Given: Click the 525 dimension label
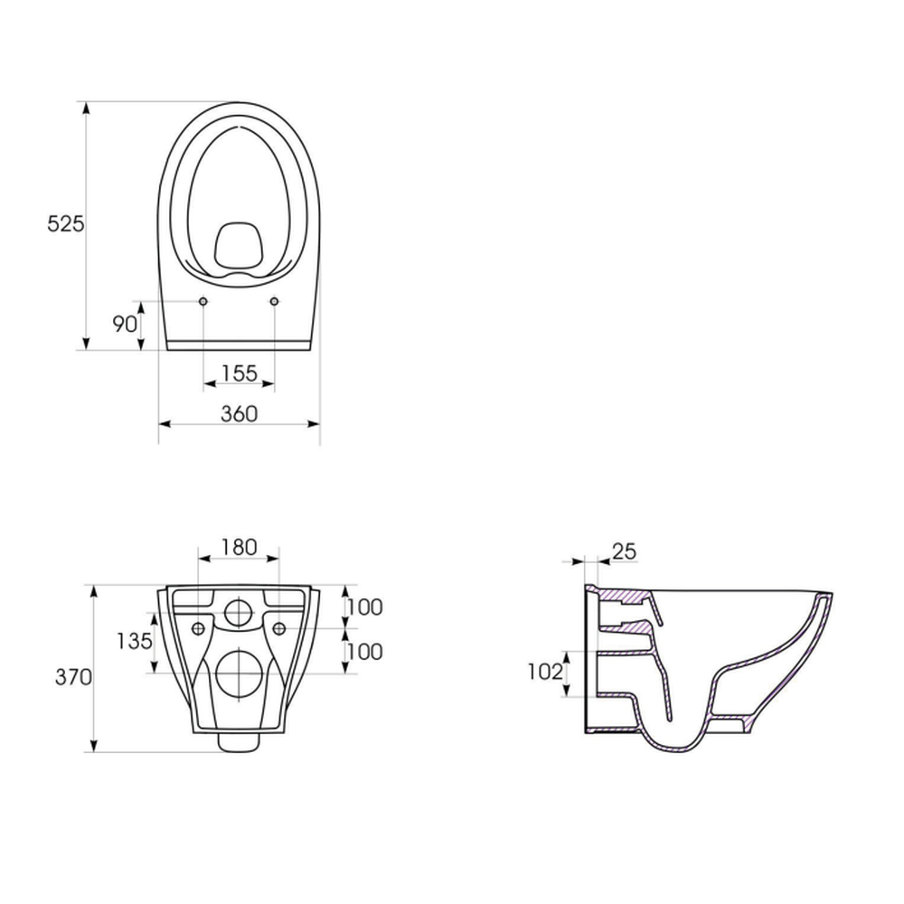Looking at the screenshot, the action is coord(66,223).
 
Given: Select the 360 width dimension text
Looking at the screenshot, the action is coord(240,414).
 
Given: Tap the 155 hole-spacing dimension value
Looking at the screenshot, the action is coord(240,373).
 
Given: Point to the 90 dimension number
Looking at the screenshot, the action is coord(125,325).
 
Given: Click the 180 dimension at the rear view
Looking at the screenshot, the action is coord(239,547).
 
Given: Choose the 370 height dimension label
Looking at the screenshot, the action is coord(73,677).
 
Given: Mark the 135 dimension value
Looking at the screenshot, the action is coord(135,641).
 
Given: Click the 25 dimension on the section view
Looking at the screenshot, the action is coord(625,551).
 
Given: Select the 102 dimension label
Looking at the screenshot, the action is coord(545,672).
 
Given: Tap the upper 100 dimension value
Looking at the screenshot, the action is coord(365,607).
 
